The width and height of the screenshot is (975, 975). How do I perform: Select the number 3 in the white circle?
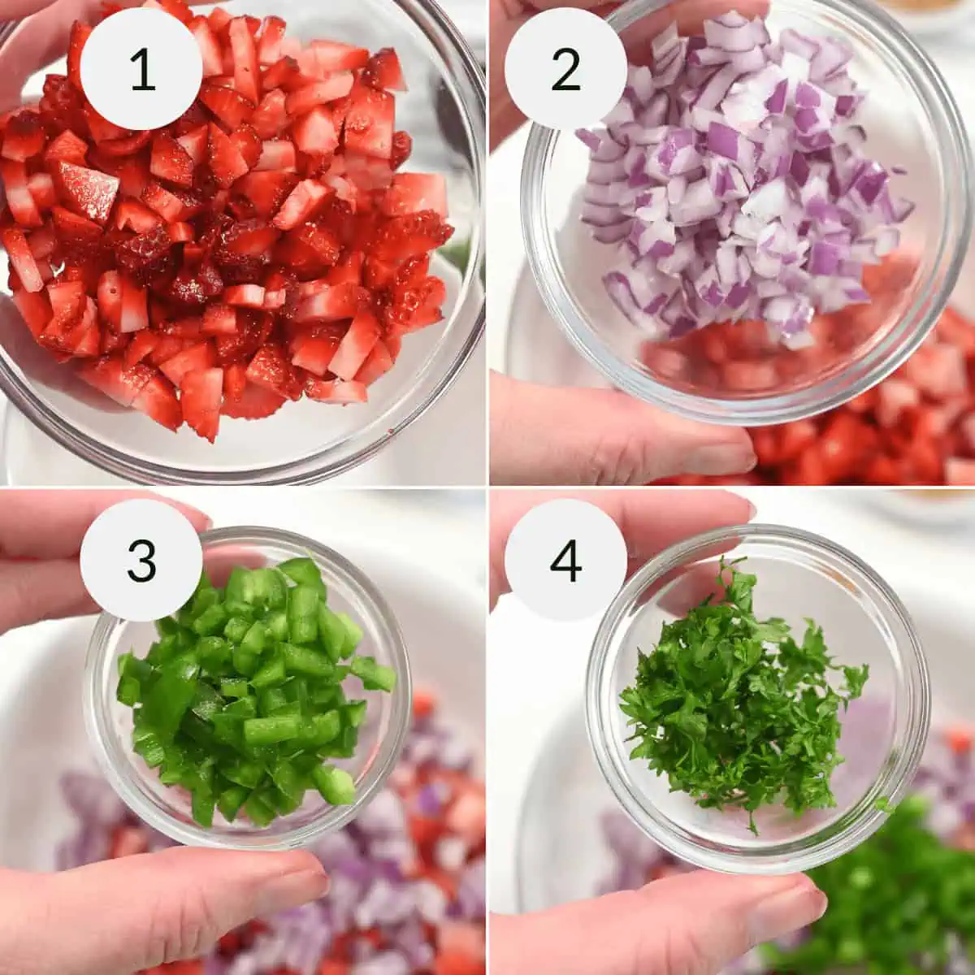pos(141,561)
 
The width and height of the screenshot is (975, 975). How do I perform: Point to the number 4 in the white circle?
pos(565,561)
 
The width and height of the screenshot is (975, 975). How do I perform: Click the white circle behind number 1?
pos(141,68)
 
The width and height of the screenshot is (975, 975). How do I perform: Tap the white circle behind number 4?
pos(565,560)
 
